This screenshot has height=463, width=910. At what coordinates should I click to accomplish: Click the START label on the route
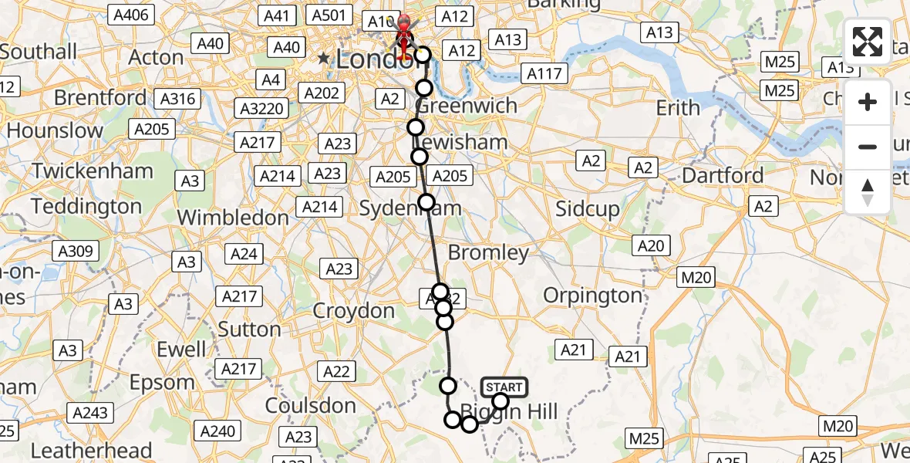pyautogui.click(x=504, y=387)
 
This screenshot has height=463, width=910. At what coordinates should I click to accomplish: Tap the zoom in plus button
pyautogui.click(x=868, y=102)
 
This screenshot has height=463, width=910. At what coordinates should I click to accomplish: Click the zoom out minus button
pyautogui.click(x=868, y=147)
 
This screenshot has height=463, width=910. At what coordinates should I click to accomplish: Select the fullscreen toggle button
pyautogui.click(x=868, y=42)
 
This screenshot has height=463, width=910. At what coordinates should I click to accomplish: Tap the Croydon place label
pyautogui.click(x=354, y=311)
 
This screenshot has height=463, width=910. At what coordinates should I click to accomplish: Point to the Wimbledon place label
pyautogui.click(x=233, y=218)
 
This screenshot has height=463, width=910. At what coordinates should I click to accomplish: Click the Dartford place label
pyautogui.click(x=723, y=176)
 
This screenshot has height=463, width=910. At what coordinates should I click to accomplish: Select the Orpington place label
pyautogui.click(x=592, y=295)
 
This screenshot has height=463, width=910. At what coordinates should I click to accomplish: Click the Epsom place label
pyautogui.click(x=162, y=383)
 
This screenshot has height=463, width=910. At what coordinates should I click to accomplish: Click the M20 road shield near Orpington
pyautogui.click(x=697, y=277)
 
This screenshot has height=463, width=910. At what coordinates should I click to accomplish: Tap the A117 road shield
pyautogui.click(x=544, y=74)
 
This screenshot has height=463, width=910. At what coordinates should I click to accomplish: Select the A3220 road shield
pyautogui.click(x=262, y=108)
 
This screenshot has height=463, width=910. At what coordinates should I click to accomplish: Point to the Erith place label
pyautogui.click(x=678, y=108)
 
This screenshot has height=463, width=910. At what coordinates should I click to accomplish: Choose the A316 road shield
pyautogui.click(x=177, y=99)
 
